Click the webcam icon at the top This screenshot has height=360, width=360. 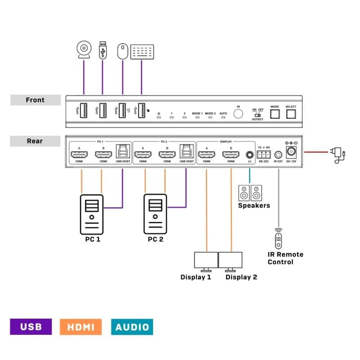(x=84, y=50)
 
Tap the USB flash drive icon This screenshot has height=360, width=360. (x=103, y=50)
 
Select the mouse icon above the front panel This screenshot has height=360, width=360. (x=121, y=51)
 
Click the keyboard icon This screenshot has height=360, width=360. (x=142, y=51)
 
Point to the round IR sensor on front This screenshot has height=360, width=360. (x=238, y=112)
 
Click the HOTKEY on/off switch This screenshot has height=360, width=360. (x=257, y=115)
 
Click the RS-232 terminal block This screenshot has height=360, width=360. (x=264, y=153)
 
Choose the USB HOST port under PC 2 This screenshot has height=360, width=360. (x=186, y=152)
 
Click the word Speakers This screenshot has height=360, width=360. (x=254, y=206)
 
